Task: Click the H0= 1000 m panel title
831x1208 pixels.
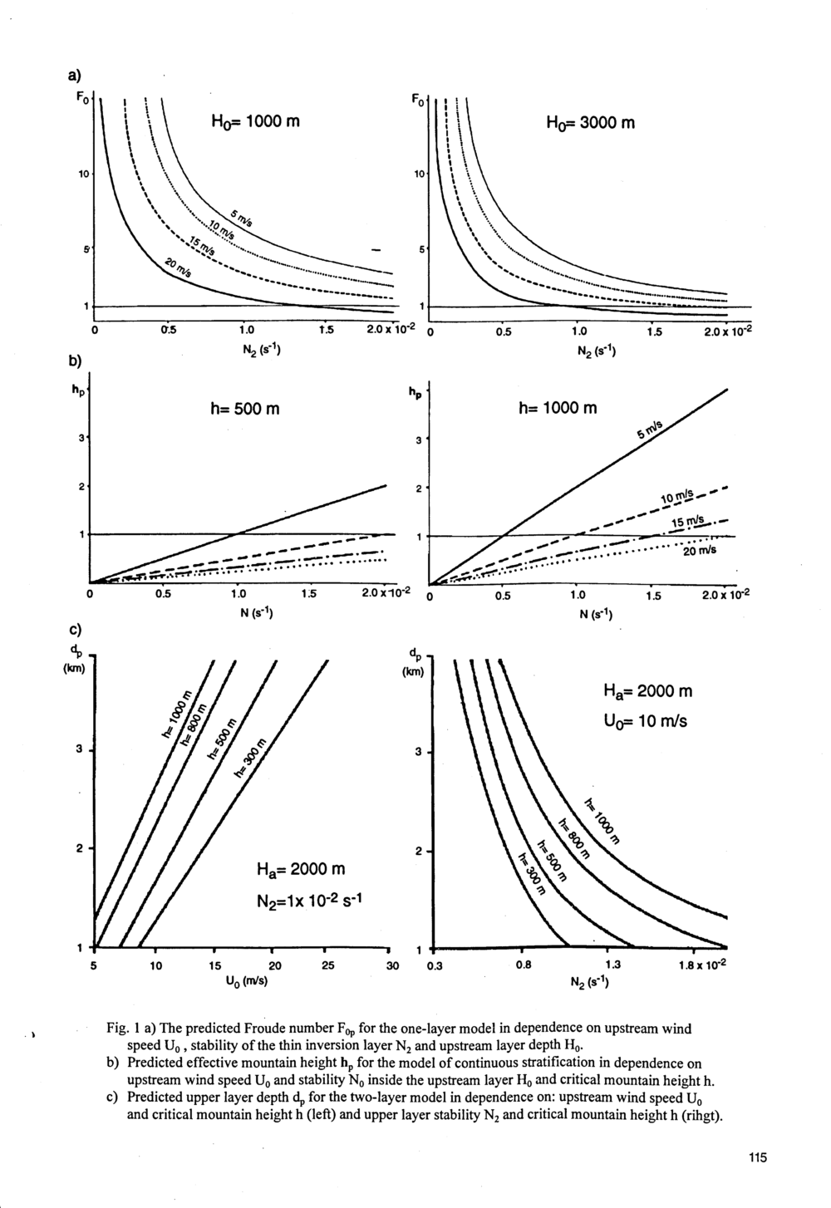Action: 255,122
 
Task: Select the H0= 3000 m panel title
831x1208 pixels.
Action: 591,124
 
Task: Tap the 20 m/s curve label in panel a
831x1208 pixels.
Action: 178,268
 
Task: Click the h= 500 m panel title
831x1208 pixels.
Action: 245,409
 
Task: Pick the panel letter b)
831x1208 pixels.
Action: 74,361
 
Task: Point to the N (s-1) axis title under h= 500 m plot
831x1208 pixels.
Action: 256,612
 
